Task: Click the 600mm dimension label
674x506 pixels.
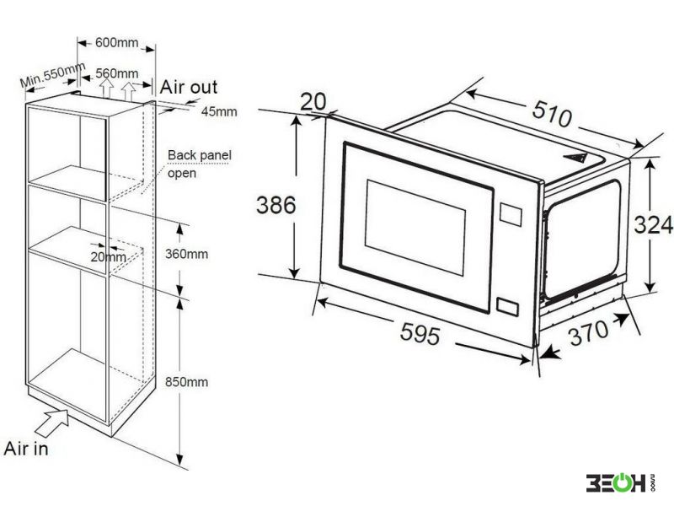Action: (x=116, y=43)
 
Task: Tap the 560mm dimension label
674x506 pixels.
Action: (x=116, y=73)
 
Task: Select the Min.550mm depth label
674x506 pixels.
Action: (x=53, y=75)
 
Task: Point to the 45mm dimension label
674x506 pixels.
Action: (x=219, y=111)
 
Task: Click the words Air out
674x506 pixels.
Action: (x=189, y=87)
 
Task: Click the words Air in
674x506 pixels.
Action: (x=26, y=449)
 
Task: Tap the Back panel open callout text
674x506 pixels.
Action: (x=199, y=164)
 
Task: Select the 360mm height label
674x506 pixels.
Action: (x=186, y=254)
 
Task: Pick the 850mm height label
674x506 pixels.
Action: (x=186, y=382)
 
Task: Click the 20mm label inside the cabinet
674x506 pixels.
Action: (x=109, y=257)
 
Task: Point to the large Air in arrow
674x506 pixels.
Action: (x=52, y=423)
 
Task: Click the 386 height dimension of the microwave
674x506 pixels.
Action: (x=276, y=205)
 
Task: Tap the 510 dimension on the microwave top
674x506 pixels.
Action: (x=553, y=114)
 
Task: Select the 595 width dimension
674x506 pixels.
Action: (x=420, y=333)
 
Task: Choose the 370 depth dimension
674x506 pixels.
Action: (x=589, y=332)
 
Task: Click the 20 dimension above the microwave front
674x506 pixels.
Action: (x=313, y=102)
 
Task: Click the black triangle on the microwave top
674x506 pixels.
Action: (x=575, y=157)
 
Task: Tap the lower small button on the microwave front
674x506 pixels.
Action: (x=507, y=306)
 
